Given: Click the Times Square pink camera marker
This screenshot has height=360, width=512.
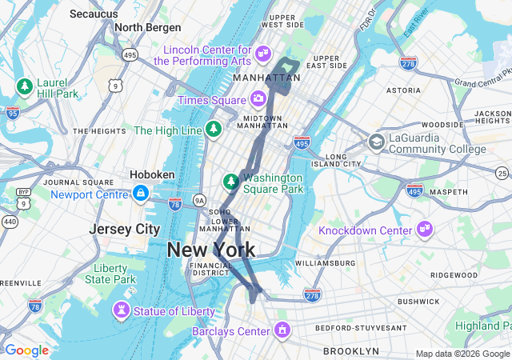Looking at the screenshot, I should (258, 99).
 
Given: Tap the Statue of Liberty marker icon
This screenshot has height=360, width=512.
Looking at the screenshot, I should (122, 310).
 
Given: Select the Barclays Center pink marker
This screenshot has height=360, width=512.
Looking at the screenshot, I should (282, 330).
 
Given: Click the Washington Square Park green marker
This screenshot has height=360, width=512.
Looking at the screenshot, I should (230, 182).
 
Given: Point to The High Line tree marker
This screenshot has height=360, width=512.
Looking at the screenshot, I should (214, 130).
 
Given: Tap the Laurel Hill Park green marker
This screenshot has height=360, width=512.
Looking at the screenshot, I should (25, 86).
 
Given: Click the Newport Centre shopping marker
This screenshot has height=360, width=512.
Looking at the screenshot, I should (141, 194).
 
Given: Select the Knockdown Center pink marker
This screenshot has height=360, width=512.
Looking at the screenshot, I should (424, 230).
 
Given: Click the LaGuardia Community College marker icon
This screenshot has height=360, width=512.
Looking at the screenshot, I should (375, 142).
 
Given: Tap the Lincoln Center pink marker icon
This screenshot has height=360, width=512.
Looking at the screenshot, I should (262, 54).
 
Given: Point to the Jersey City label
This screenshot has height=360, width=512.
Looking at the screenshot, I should (124, 229).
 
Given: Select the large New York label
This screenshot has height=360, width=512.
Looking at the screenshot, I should (211, 250).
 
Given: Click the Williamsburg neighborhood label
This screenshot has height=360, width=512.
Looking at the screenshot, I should (325, 262).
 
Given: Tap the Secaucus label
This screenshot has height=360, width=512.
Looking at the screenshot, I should (94, 14).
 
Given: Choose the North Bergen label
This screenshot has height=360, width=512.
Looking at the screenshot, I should (148, 27).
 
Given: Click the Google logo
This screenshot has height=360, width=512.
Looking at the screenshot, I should (26, 350).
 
